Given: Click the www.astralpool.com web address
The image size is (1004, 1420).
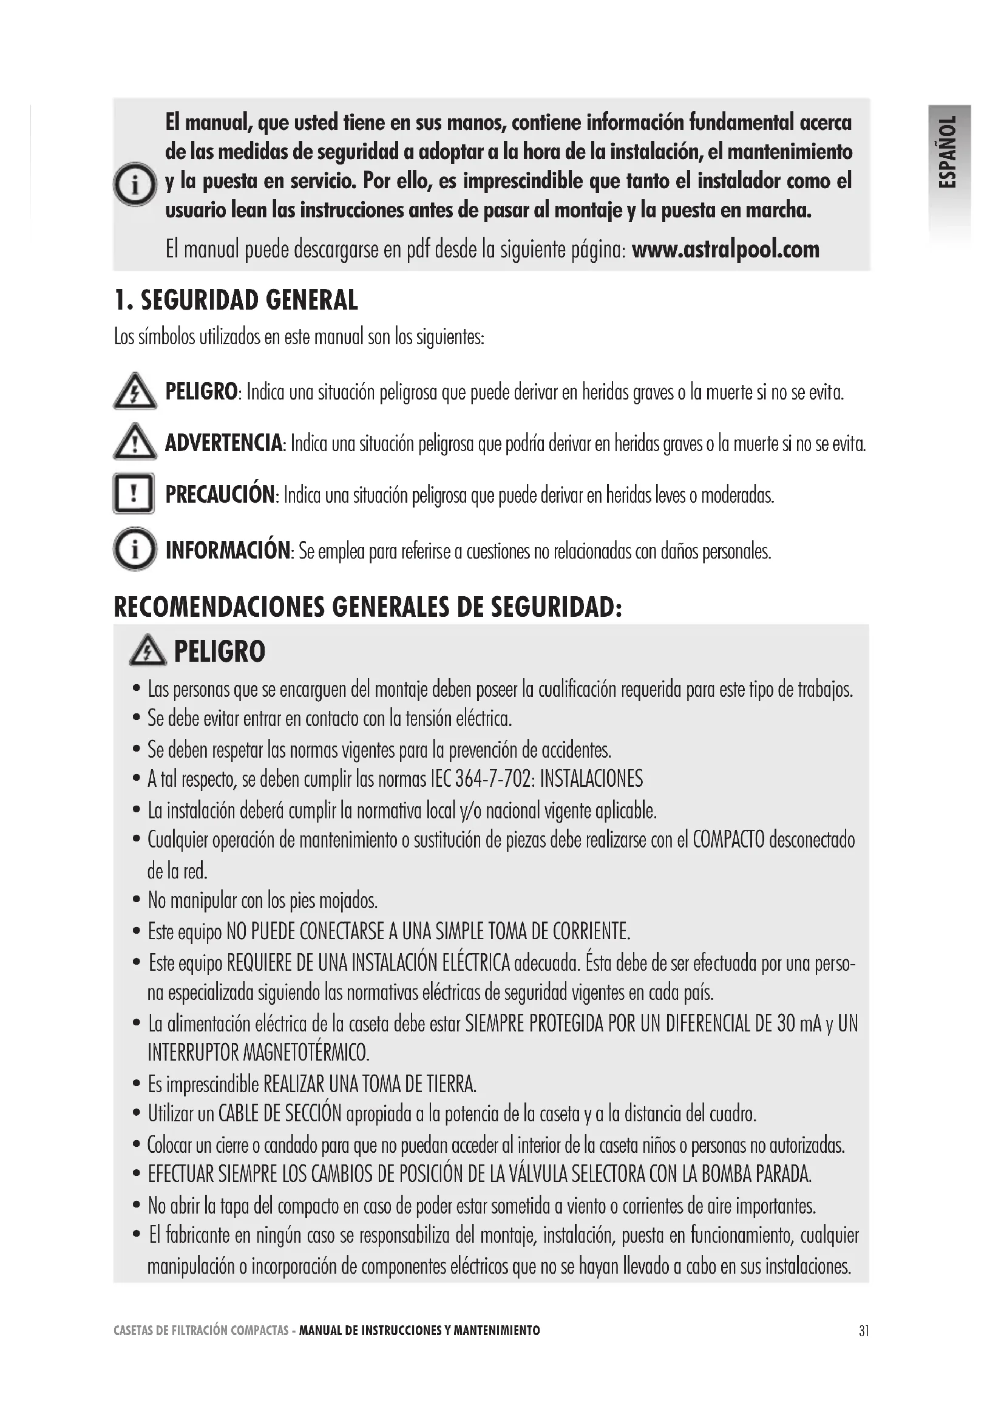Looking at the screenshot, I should (x=725, y=250).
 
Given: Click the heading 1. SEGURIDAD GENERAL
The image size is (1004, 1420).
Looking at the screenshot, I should (x=236, y=301).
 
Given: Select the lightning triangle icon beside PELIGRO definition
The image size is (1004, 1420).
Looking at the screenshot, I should (x=135, y=392).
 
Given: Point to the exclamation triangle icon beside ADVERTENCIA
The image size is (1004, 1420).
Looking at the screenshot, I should (x=135, y=443).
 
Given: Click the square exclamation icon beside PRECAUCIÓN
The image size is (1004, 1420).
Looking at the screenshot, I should (x=134, y=494).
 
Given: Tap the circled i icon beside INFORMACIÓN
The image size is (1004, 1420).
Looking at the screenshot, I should (x=135, y=549).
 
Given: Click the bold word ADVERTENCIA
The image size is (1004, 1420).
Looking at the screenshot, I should (x=223, y=443).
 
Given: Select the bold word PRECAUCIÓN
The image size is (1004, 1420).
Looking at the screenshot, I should (x=220, y=495).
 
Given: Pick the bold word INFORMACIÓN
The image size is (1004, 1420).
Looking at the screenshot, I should (x=228, y=550).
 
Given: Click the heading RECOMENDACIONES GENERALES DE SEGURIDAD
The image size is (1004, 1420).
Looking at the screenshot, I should (x=368, y=607).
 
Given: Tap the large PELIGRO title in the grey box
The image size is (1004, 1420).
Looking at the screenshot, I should (x=220, y=651).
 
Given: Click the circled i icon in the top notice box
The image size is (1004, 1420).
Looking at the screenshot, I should (x=135, y=185).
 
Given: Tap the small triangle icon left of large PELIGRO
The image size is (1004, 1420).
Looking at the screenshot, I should (x=148, y=651).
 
